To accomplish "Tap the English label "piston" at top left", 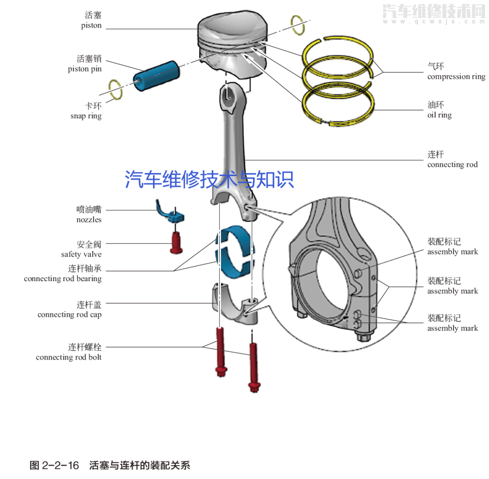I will (x=91, y=26).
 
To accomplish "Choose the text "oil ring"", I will (x=439, y=115).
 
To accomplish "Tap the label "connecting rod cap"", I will (x=69, y=314).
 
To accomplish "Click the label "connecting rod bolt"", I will (x=68, y=357).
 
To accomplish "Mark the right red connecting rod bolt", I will (x=254, y=367).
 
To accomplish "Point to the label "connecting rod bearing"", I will (x=62, y=278).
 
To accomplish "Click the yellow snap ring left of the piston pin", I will (x=116, y=89).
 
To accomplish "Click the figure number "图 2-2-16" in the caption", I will (x=54, y=465).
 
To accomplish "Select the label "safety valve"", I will (x=81, y=254).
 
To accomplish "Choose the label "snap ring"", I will (x=86, y=116).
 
